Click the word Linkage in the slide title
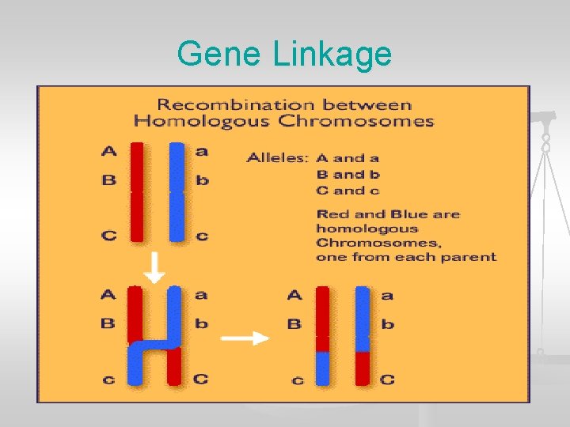coord(332,54)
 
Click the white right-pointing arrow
coord(245,338)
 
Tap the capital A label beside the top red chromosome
coord(108,150)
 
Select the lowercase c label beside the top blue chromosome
coord(202,235)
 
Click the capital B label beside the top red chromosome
coord(108,179)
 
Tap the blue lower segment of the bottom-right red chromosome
coord(322,368)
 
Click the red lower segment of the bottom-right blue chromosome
coord(363,368)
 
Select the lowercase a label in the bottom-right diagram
coord(386,296)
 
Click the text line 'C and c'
coord(348,191)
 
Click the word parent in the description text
coord(472,257)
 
